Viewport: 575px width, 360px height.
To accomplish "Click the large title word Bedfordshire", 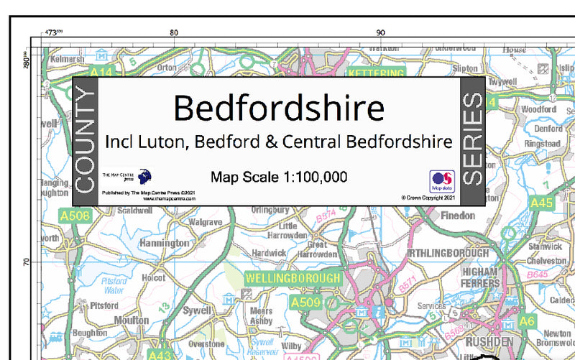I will tap(279, 109).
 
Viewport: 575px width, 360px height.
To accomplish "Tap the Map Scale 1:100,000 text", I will tap(279, 177).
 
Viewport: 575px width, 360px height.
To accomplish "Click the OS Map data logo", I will tap(440, 181).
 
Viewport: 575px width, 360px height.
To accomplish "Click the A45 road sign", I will tap(541, 203).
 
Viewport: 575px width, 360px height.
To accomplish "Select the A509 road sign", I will tap(305, 304).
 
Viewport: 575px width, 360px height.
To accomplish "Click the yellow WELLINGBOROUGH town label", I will tap(293, 277).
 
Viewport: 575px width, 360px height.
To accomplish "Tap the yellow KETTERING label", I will tap(376, 74).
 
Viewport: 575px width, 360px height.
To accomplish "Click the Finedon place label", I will tap(458, 215).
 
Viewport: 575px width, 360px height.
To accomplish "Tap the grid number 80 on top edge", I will tap(172, 32).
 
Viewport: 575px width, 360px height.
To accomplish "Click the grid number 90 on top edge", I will tap(381, 32).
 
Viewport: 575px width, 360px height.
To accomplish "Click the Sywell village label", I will tap(197, 310).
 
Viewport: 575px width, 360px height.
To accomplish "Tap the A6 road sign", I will tap(527, 320).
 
